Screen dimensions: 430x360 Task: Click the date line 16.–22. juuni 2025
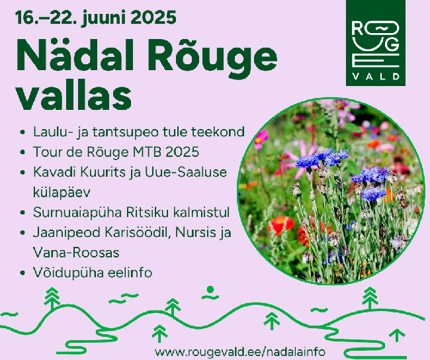(x=96, y=17)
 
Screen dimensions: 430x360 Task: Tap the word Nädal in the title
(x=75, y=56)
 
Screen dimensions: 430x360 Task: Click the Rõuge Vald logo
(x=376, y=43)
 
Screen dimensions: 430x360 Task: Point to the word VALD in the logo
(x=376, y=76)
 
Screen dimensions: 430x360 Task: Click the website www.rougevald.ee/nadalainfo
(x=240, y=351)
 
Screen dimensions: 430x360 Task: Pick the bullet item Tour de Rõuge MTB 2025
(x=116, y=152)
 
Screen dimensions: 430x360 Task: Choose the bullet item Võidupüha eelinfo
(x=93, y=273)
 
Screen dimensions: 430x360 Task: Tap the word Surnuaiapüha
(x=77, y=212)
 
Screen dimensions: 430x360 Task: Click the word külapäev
(x=62, y=192)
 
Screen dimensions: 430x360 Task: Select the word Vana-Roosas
(x=76, y=252)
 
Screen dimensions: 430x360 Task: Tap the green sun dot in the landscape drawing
(x=210, y=289)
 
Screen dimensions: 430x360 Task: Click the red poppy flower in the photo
(x=280, y=224)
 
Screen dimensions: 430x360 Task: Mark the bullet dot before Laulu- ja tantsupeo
(x=22, y=132)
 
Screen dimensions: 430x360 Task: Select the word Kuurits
(x=102, y=172)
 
